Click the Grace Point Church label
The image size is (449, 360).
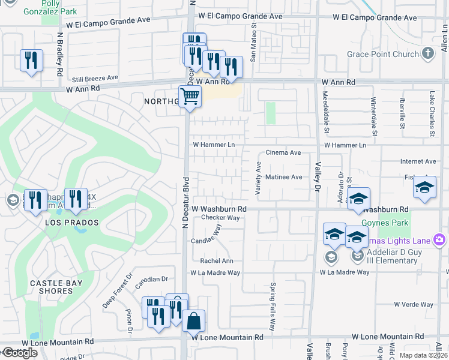click(x=383, y=55)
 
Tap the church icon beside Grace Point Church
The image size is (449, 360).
click(x=428, y=54)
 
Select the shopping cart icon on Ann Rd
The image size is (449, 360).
click(x=190, y=95)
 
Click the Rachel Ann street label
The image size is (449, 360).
click(x=217, y=261)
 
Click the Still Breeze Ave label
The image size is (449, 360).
click(x=95, y=78)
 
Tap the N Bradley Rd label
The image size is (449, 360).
click(x=61, y=53)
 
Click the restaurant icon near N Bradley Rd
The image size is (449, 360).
click(x=31, y=61)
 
